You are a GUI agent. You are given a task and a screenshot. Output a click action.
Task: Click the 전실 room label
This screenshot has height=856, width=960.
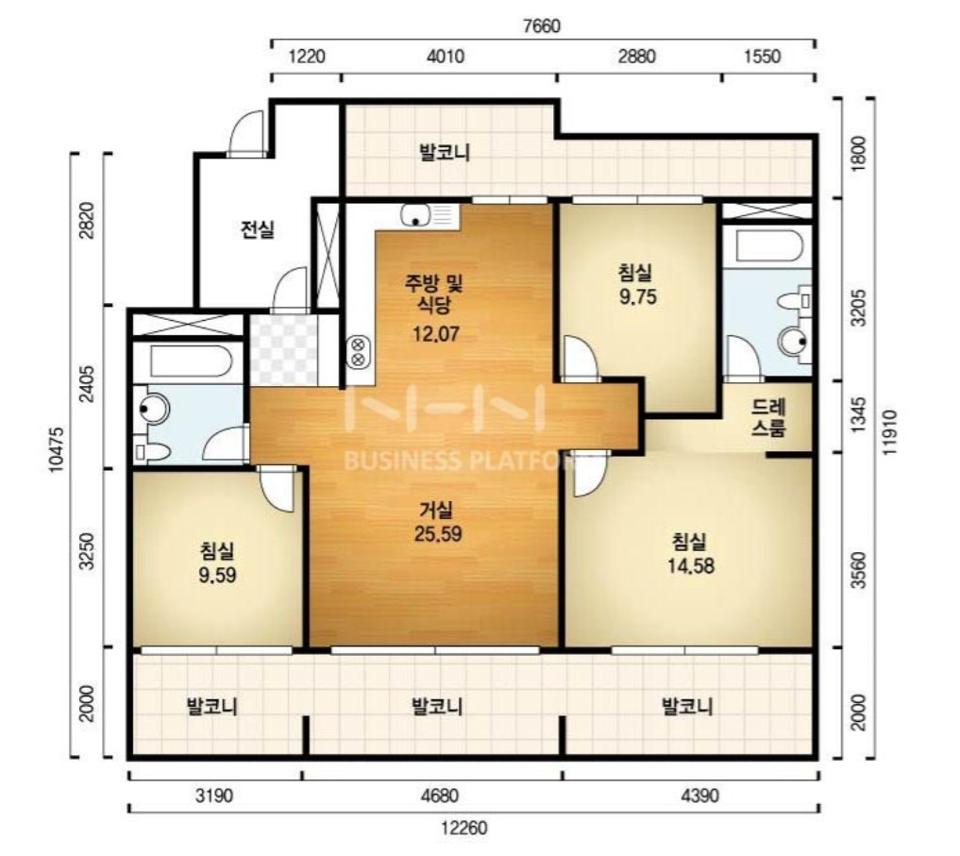pyautogui.click(x=257, y=229)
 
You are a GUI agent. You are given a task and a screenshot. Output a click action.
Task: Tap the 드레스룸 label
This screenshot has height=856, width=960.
pyautogui.click(x=768, y=417)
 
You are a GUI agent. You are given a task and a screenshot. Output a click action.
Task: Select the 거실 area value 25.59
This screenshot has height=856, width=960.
pyautogui.click(x=438, y=534)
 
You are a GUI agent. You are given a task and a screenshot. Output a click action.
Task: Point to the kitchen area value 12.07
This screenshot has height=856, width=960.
pyautogui.click(x=435, y=334)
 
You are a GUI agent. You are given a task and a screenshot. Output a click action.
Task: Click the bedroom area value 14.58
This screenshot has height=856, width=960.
pyautogui.click(x=691, y=565)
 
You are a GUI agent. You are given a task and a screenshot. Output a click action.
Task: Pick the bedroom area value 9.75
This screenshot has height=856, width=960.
pyautogui.click(x=637, y=297)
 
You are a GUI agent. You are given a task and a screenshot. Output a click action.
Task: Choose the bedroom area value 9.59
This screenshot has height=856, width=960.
pyautogui.click(x=217, y=576)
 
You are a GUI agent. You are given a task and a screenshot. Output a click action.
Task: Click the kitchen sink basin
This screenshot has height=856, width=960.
pyautogui.click(x=416, y=215)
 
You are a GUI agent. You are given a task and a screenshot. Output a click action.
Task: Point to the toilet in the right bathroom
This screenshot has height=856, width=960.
pyautogui.click(x=795, y=301)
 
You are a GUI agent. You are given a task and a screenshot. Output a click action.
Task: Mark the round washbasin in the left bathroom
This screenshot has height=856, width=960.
pyautogui.click(x=153, y=407)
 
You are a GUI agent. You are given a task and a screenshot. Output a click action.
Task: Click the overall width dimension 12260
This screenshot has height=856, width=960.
pyautogui.click(x=464, y=829)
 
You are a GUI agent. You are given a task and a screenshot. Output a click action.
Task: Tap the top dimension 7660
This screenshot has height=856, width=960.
pyautogui.click(x=542, y=26)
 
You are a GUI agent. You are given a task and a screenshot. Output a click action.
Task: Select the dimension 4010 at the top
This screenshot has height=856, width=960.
pyautogui.click(x=446, y=57)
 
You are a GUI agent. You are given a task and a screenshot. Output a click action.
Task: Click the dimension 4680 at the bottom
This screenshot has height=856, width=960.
pyautogui.click(x=439, y=796)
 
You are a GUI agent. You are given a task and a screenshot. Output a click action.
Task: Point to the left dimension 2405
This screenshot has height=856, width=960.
pyautogui.click(x=88, y=383)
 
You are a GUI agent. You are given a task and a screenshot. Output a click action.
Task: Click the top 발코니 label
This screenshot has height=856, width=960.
pyautogui.click(x=445, y=153)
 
